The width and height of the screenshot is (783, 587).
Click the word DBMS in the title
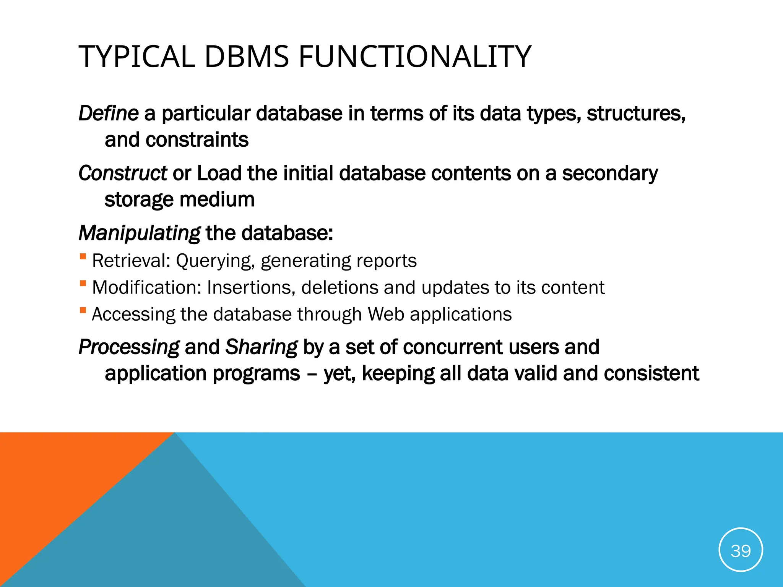point(247,57)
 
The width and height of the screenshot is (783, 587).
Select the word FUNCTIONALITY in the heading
point(415,57)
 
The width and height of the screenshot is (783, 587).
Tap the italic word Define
point(108,114)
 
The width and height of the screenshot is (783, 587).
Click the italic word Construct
point(122,173)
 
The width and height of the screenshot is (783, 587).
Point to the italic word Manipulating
point(139,233)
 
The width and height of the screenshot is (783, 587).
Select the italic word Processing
point(129,347)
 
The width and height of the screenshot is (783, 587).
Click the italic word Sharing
point(261,347)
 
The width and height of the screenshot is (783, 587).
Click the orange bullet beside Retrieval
point(83,256)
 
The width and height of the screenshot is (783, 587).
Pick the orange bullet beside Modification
point(83,283)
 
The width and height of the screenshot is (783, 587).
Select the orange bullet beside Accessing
point(83,310)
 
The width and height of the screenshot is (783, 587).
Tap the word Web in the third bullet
point(386,315)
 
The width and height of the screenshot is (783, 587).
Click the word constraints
point(197,140)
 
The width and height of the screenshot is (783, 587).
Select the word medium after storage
point(217,199)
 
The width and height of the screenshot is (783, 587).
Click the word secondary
point(610,173)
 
